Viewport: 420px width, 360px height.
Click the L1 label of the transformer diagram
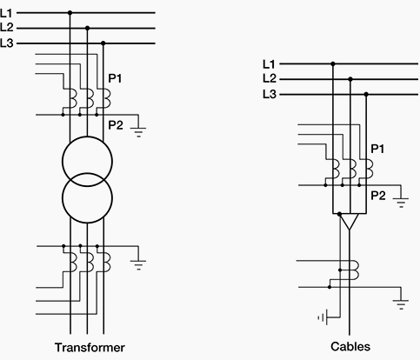tap(7, 13)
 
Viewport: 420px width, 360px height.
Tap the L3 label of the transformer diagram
tap(7, 43)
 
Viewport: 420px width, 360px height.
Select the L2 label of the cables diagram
tap(270, 78)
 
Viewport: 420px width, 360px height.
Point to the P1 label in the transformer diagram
tap(115, 78)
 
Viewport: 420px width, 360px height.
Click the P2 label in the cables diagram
tap(378, 196)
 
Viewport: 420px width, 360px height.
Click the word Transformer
tap(90, 347)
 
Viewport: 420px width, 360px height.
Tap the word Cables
tap(350, 346)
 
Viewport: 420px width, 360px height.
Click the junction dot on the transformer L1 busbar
tap(70, 13)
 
